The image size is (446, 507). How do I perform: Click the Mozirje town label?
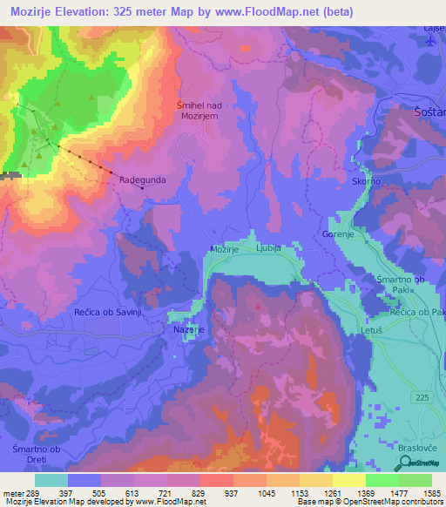click(x=224, y=249)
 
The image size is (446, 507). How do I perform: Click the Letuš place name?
click(x=372, y=331)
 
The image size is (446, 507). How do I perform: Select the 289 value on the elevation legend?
click(x=30, y=494)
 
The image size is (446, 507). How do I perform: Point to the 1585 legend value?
click(x=431, y=494)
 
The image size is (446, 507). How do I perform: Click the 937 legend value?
click(x=231, y=494)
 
